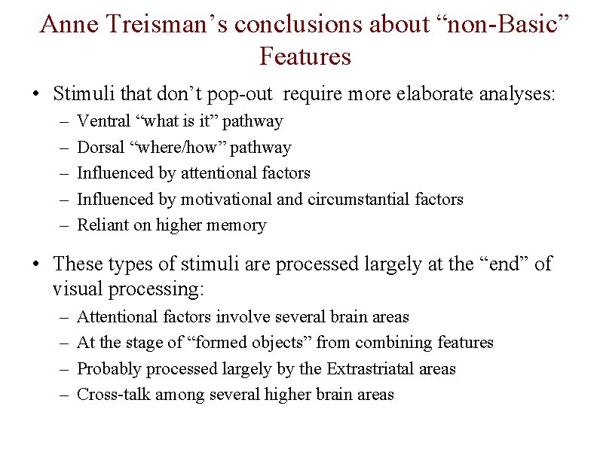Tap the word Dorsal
click(102, 147)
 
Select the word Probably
click(108, 368)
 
